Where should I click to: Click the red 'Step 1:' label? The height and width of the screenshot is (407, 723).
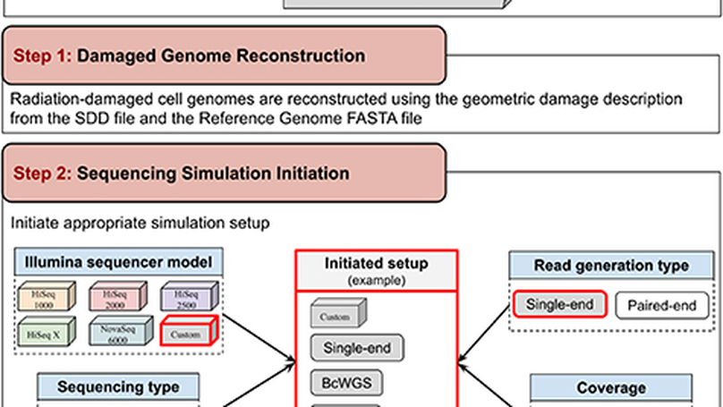42,55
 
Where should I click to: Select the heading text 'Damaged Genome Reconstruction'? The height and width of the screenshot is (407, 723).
221,55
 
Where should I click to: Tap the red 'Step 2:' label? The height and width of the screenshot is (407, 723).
42,172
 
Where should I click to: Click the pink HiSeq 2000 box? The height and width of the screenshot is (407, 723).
115,295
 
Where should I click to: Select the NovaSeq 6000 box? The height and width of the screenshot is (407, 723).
115,334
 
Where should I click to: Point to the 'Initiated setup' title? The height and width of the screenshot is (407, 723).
376,264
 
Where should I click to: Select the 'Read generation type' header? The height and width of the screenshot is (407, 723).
611,265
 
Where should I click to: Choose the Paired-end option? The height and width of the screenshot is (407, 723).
660,305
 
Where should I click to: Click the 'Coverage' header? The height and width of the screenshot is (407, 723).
612,388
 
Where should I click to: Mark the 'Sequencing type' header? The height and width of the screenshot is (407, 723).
118,387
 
